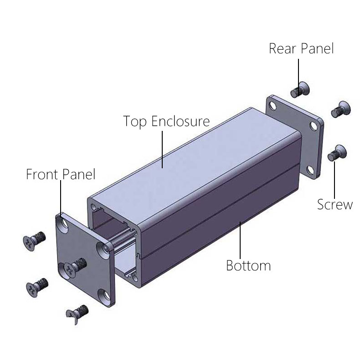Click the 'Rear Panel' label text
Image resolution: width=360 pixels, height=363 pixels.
(x=301, y=49)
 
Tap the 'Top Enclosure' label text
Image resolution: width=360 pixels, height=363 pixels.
(x=166, y=121)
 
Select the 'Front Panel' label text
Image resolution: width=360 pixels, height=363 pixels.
(x=61, y=174)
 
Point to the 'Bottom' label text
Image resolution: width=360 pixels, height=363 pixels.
(x=248, y=265)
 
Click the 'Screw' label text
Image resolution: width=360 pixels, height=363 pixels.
(x=335, y=204)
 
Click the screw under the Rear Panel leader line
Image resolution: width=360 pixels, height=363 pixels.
(x=300, y=90)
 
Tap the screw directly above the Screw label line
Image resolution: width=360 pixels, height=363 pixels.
(x=337, y=153)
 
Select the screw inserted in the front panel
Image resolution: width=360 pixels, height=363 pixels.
(x=76, y=266)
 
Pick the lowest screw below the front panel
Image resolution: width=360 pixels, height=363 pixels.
(x=77, y=314)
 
